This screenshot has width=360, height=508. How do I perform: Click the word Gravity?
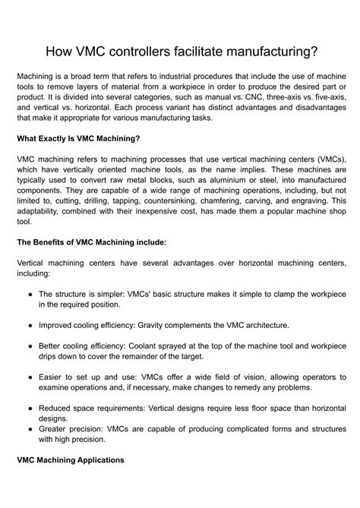point(157,325)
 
